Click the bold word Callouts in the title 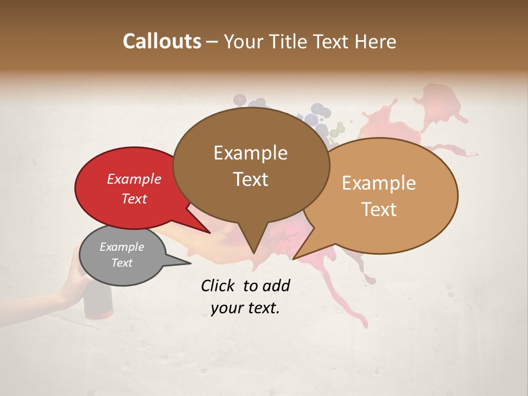click(x=162, y=41)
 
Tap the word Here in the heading click(x=376, y=41)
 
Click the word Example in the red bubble click(x=134, y=179)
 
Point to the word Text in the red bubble click(x=134, y=199)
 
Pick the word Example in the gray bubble click(x=122, y=247)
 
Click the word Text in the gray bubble click(x=122, y=263)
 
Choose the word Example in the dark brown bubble click(x=250, y=153)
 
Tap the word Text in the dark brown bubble click(x=250, y=179)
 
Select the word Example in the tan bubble click(x=379, y=183)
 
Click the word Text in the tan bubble click(x=379, y=210)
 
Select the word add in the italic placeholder click(x=276, y=285)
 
